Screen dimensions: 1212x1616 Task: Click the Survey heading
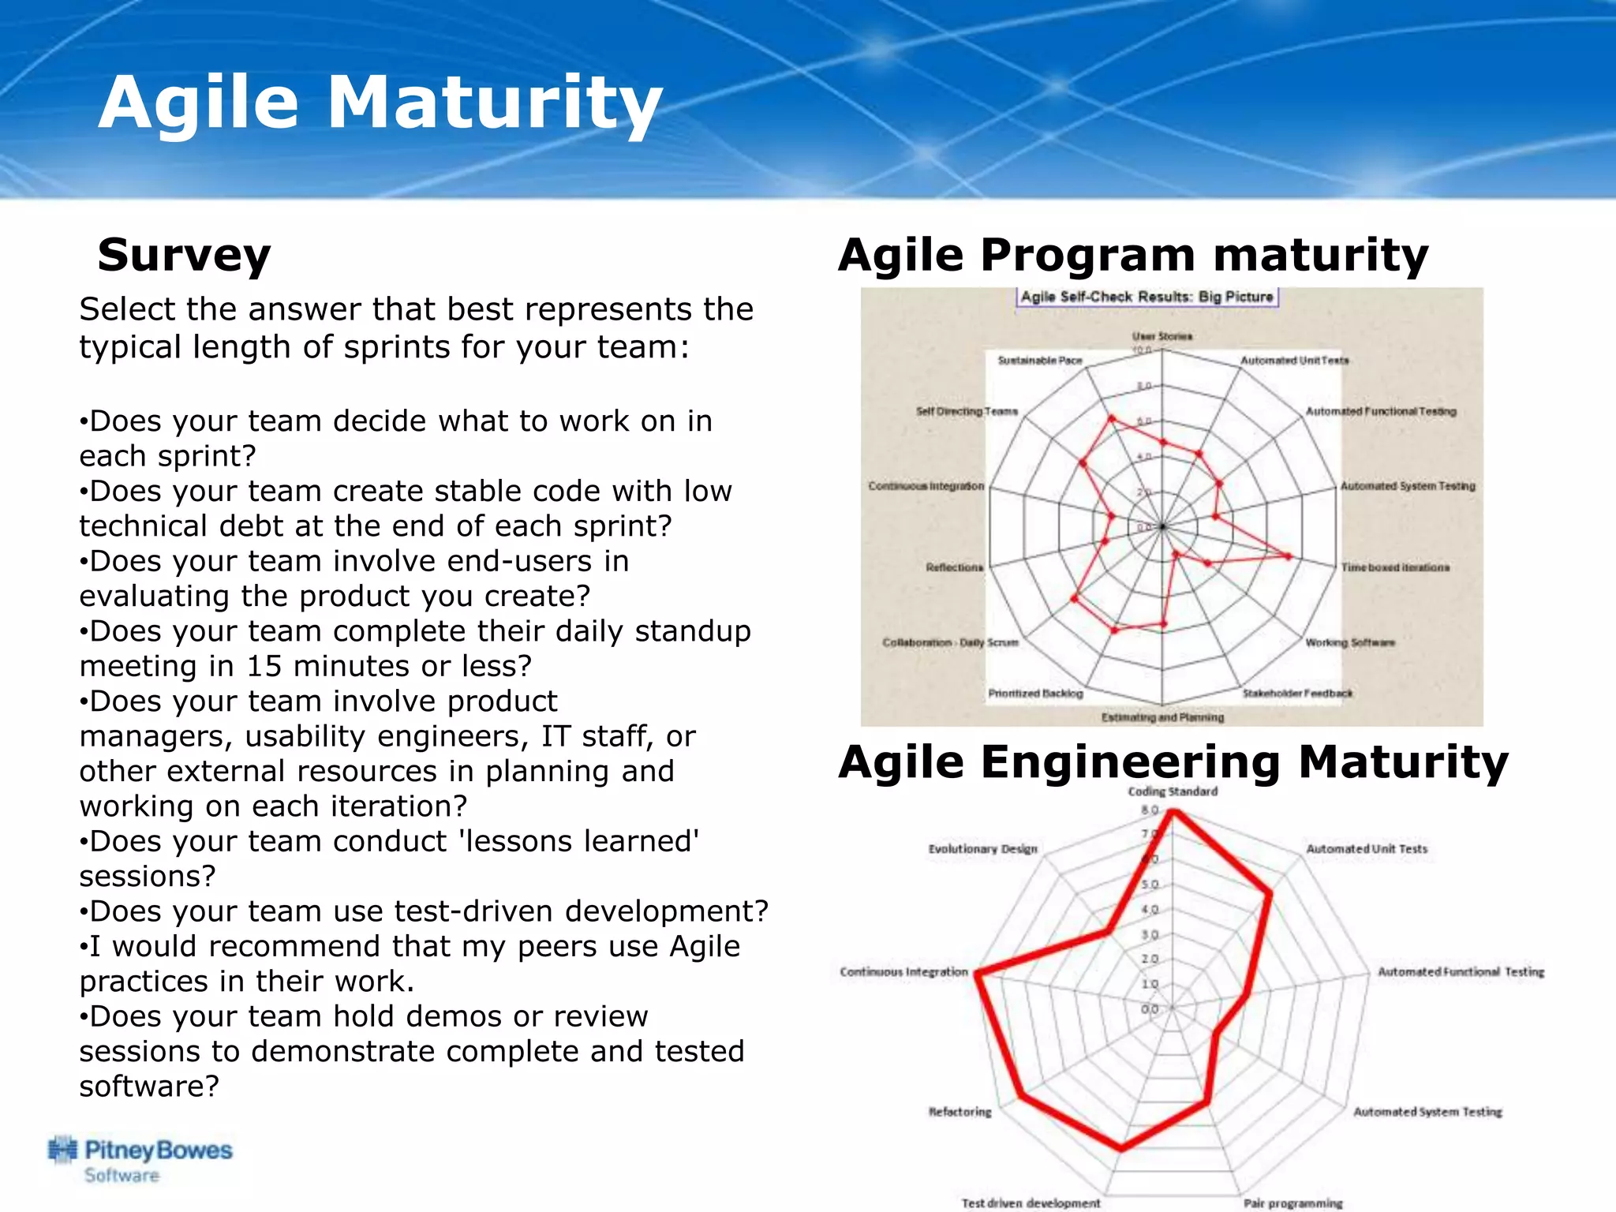pyautogui.click(x=184, y=255)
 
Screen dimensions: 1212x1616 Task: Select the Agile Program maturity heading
pyautogui.click(x=1133, y=255)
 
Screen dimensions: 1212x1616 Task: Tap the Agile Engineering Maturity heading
pyautogui.click(x=1173, y=762)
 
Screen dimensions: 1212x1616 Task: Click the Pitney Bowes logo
pyautogui.click(x=140, y=1159)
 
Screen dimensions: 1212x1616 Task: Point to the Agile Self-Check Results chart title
pyautogui.click(x=1147, y=297)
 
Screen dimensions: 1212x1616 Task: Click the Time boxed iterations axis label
pyautogui.click(x=1395, y=567)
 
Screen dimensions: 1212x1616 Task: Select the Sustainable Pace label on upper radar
pyautogui.click(x=1039, y=361)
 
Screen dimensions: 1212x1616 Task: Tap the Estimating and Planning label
pyautogui.click(x=1162, y=717)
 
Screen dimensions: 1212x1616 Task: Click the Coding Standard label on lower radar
pyautogui.click(x=1172, y=791)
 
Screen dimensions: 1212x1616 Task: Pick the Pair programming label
pyautogui.click(x=1292, y=1203)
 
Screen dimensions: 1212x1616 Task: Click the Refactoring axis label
pyautogui.click(x=959, y=1112)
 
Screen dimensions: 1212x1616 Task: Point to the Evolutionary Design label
pyautogui.click(x=982, y=849)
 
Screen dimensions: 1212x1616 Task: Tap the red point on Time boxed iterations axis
pyautogui.click(x=1289, y=556)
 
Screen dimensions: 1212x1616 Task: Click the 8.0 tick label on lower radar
pyautogui.click(x=1150, y=810)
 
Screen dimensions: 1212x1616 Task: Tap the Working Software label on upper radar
pyautogui.click(x=1349, y=642)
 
